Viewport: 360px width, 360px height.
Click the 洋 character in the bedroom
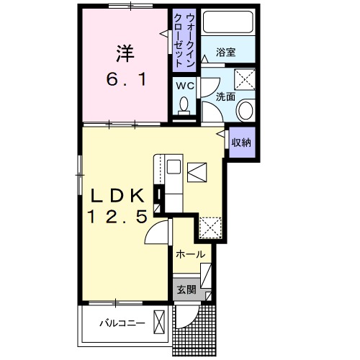click(x=124, y=53)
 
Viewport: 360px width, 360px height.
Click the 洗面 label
click(x=225, y=96)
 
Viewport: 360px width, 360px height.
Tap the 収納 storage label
click(x=240, y=143)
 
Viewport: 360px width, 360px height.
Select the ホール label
click(x=191, y=254)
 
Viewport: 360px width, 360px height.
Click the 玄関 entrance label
click(x=186, y=290)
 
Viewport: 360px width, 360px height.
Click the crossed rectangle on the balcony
click(x=160, y=322)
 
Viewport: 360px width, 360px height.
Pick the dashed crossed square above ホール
click(x=210, y=228)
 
